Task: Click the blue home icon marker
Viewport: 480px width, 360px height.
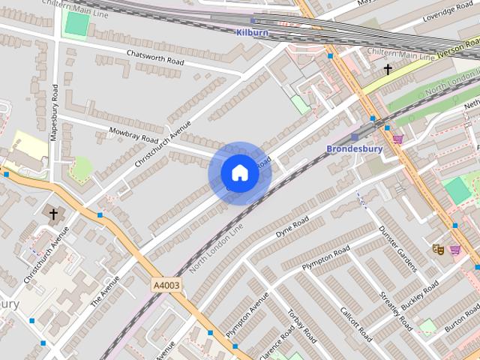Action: pyautogui.click(x=239, y=173)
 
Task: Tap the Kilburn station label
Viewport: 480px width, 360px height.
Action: pyautogui.click(x=252, y=33)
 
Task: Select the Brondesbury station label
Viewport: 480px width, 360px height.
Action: pyautogui.click(x=354, y=148)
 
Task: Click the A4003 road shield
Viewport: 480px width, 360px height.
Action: pyautogui.click(x=165, y=285)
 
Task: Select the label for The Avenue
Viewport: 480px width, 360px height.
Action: pyautogui.click(x=104, y=290)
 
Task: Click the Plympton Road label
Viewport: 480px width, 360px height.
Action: pyautogui.click(x=325, y=256)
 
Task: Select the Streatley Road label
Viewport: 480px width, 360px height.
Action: pyautogui.click(x=396, y=310)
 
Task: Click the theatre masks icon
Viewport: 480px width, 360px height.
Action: pyautogui.click(x=438, y=248)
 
